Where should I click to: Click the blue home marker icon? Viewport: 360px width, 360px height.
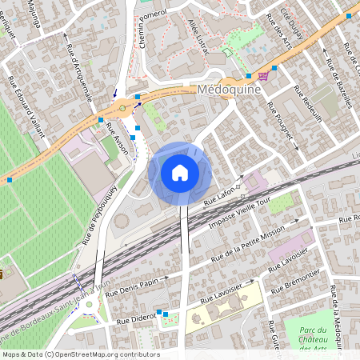point(180,173)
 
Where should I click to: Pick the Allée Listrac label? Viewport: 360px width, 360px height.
point(198,34)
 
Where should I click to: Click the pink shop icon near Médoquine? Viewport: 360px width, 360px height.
point(263,76)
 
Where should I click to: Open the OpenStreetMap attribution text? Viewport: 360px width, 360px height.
point(80,354)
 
